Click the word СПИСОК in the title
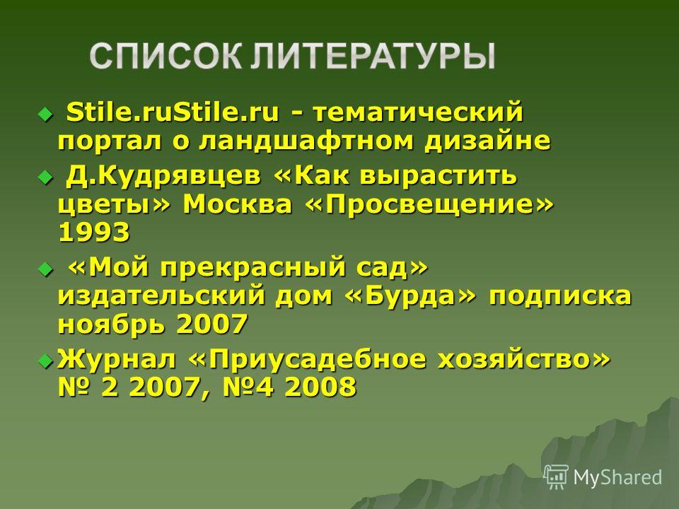tap(166, 57)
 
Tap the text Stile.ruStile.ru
tap(173, 112)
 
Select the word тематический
tap(418, 112)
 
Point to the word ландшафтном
tap(306, 141)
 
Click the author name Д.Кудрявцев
tap(163, 176)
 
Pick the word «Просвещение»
tap(429, 204)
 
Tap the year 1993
tap(93, 232)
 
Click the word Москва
tap(238, 204)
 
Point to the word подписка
tap(560, 297)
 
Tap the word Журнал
tap(117, 360)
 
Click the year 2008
tap(320, 387)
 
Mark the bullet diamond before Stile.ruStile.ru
tap(45, 115)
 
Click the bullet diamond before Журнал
tap(45, 360)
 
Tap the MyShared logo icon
tap(556, 477)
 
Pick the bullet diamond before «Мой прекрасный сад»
tap(45, 269)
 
